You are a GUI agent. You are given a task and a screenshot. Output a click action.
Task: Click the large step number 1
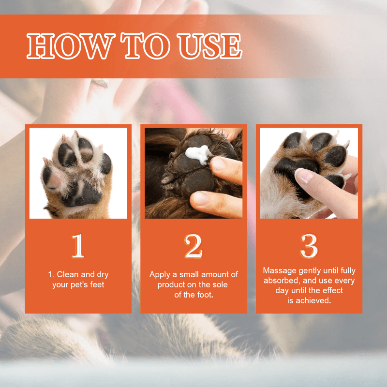click(x=78, y=246)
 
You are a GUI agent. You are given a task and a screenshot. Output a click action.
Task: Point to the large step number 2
click(x=193, y=246)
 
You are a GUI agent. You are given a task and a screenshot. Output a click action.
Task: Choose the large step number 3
click(x=309, y=246)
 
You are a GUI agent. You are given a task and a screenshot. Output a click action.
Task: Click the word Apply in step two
click(x=160, y=274)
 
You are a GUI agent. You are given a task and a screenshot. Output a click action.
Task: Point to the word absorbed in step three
click(x=281, y=281)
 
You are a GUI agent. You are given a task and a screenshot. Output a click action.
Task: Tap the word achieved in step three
click(x=314, y=300)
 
